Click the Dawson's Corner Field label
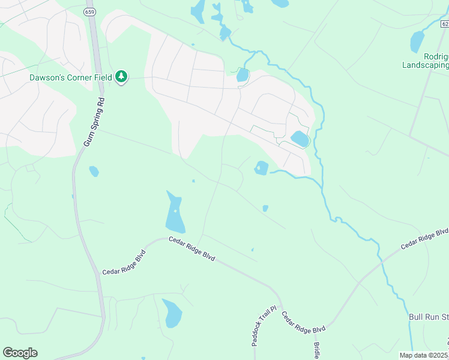pyautogui.click(x=71, y=77)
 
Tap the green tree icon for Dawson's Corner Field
pyautogui.click(x=122, y=76)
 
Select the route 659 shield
pyautogui.click(x=90, y=11)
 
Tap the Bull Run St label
pyautogui.click(x=429, y=316)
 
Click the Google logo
pyautogui.click(x=20, y=352)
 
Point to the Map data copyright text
pyautogui.click(x=424, y=355)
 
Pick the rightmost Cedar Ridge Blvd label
pyautogui.click(x=425, y=236)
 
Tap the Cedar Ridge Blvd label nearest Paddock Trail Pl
pyautogui.click(x=303, y=323)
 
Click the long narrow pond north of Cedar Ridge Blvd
pyautogui.click(x=175, y=214)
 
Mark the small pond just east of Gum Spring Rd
pyautogui.click(x=94, y=172)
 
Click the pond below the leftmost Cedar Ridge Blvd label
pyautogui.click(x=172, y=313)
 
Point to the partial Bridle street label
pyautogui.click(x=316, y=350)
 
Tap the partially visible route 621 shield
pyautogui.click(x=445, y=23)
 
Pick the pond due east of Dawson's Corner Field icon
pyautogui.click(x=243, y=75)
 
